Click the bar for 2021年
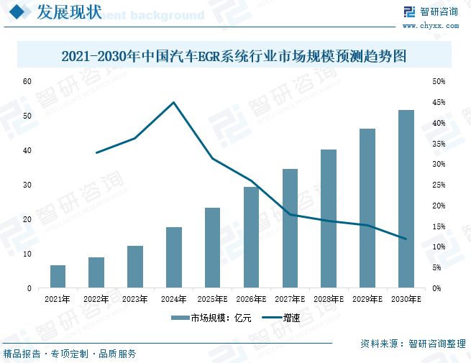[58, 277]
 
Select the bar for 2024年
[174, 257]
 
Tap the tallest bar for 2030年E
[406, 199]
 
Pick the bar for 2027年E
[290, 229]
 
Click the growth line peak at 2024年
[173, 102]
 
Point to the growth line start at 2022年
[96, 152]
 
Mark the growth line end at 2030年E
[406, 239]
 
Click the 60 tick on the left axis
[27, 81]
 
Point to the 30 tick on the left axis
[27, 185]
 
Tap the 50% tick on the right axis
[438, 81]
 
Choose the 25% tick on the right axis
[438, 185]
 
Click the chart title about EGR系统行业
[235, 55]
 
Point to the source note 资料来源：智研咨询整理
[413, 344]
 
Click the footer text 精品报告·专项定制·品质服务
[70, 354]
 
